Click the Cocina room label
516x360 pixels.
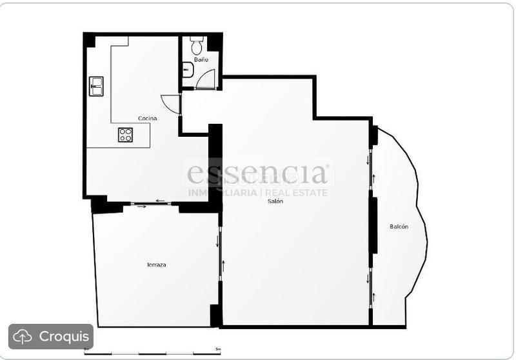(x=147, y=118)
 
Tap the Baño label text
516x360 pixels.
(x=201, y=60)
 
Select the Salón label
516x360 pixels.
(x=275, y=201)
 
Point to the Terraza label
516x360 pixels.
(x=156, y=265)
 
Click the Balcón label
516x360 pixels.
(x=399, y=226)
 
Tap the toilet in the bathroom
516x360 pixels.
(x=197, y=45)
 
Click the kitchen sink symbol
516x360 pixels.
(x=96, y=86)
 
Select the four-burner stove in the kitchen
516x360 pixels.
(x=125, y=135)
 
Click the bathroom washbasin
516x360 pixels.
(x=187, y=69)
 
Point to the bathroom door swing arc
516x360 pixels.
(x=206, y=78)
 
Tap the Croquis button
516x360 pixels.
(x=51, y=336)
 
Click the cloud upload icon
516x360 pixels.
(x=23, y=336)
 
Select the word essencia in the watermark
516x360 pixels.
(x=257, y=174)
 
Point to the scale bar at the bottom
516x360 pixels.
(x=152, y=352)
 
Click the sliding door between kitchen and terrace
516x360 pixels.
(x=151, y=204)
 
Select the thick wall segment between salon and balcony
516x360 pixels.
(x=372, y=225)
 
